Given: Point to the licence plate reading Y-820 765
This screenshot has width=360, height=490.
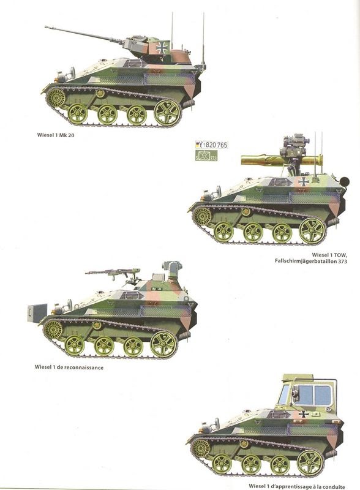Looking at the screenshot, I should coord(211,145).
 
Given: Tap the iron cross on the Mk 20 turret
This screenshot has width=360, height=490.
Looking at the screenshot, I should coord(162,47).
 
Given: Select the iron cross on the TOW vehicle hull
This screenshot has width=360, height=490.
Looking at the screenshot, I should coord(304,183).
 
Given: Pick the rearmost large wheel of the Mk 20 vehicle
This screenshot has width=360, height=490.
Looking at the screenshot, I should coord(167,112).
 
